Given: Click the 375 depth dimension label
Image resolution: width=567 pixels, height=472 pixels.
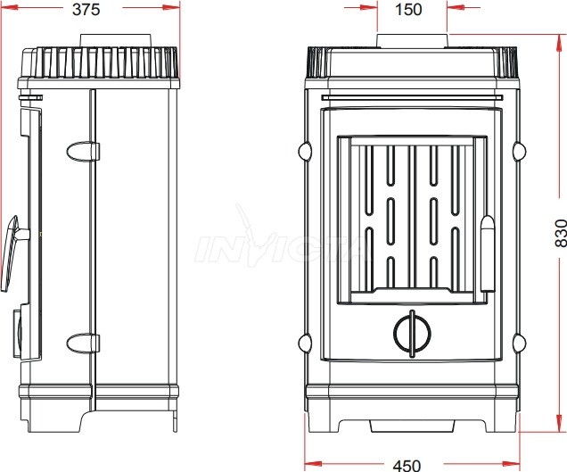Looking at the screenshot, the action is click(x=86, y=10).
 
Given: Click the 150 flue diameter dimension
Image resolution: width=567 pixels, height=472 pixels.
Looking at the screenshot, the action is click(x=408, y=10).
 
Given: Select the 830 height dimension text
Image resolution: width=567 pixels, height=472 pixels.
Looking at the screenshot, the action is click(x=561, y=233).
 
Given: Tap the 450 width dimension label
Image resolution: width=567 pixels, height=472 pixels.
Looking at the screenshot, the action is click(x=407, y=466).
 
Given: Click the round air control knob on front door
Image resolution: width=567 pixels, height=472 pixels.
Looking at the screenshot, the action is click(x=412, y=334).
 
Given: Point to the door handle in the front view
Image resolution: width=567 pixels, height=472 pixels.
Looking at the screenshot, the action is click(x=487, y=253).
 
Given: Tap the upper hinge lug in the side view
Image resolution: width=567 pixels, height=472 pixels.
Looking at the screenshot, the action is click(x=83, y=152).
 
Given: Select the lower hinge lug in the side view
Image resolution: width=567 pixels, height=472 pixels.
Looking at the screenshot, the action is click(x=83, y=344).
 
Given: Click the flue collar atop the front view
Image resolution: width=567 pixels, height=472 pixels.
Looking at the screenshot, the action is click(x=412, y=41).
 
